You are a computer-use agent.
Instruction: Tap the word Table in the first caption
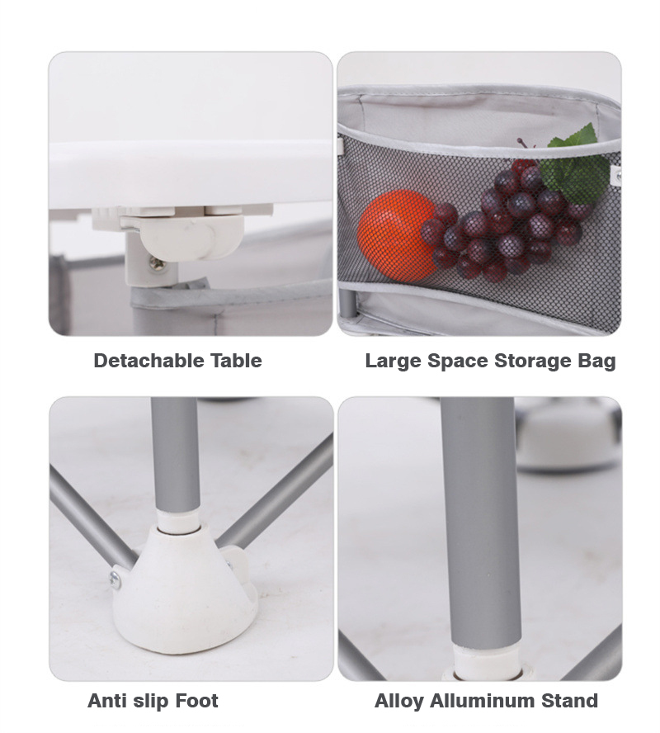point(236,361)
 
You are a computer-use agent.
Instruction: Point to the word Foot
point(196,701)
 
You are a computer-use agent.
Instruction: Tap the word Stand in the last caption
point(569,701)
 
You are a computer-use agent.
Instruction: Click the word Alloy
point(399,702)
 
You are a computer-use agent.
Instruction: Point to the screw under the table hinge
point(156,264)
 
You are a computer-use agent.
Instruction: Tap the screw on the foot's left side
point(115,579)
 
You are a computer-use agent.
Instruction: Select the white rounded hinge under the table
point(191,235)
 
